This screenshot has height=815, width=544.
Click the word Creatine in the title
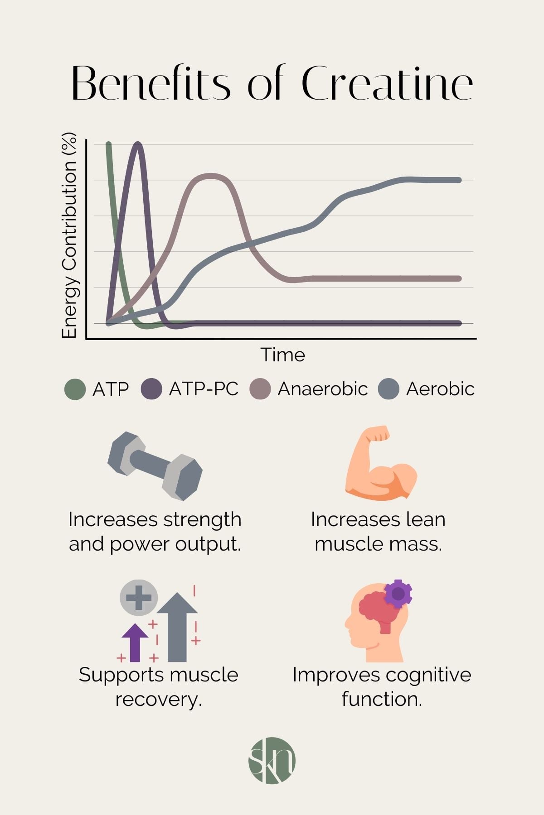387,84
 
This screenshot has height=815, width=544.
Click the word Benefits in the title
151,84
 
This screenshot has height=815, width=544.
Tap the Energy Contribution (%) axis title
69,235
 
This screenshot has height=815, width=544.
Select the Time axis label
282,355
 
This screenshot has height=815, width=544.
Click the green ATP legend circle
75,389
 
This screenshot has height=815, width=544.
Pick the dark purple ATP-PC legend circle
151,389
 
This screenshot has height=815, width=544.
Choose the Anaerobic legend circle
260,389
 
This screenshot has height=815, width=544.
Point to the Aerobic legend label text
440,389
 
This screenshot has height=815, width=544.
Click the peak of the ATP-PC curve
138,144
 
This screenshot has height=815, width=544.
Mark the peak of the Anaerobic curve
209,175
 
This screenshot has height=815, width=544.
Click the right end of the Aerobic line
459,180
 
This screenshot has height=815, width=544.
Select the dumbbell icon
155,466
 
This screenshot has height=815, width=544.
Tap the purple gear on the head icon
398,594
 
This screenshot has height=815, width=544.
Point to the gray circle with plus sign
139,597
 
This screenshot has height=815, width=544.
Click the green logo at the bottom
272,760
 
